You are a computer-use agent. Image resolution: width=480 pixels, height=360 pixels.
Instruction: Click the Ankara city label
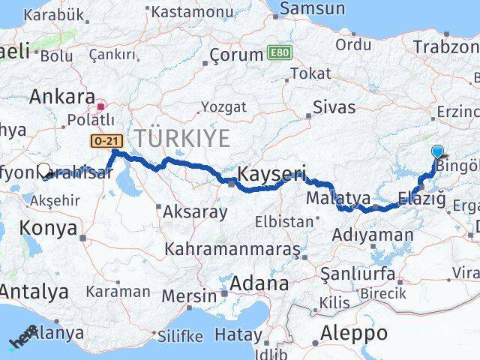click(62, 97)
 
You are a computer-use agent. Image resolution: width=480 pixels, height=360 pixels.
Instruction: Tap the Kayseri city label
click(271, 175)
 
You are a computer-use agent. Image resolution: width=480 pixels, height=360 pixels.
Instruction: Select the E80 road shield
click(277, 53)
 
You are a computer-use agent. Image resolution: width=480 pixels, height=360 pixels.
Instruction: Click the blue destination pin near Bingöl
click(438, 151)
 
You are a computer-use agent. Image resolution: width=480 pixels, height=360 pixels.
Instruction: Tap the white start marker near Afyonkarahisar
click(44, 171)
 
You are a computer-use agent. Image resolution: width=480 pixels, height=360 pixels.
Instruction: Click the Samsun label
click(313, 9)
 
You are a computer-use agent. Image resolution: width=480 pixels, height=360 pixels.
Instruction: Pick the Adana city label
click(259, 283)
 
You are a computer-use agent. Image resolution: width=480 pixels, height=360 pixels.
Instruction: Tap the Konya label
click(49, 227)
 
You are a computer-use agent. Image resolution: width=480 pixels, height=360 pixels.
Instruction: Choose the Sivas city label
click(334, 106)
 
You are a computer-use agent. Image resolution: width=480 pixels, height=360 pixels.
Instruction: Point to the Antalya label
click(34, 292)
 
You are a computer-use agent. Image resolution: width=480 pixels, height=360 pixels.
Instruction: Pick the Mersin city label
click(189, 295)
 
